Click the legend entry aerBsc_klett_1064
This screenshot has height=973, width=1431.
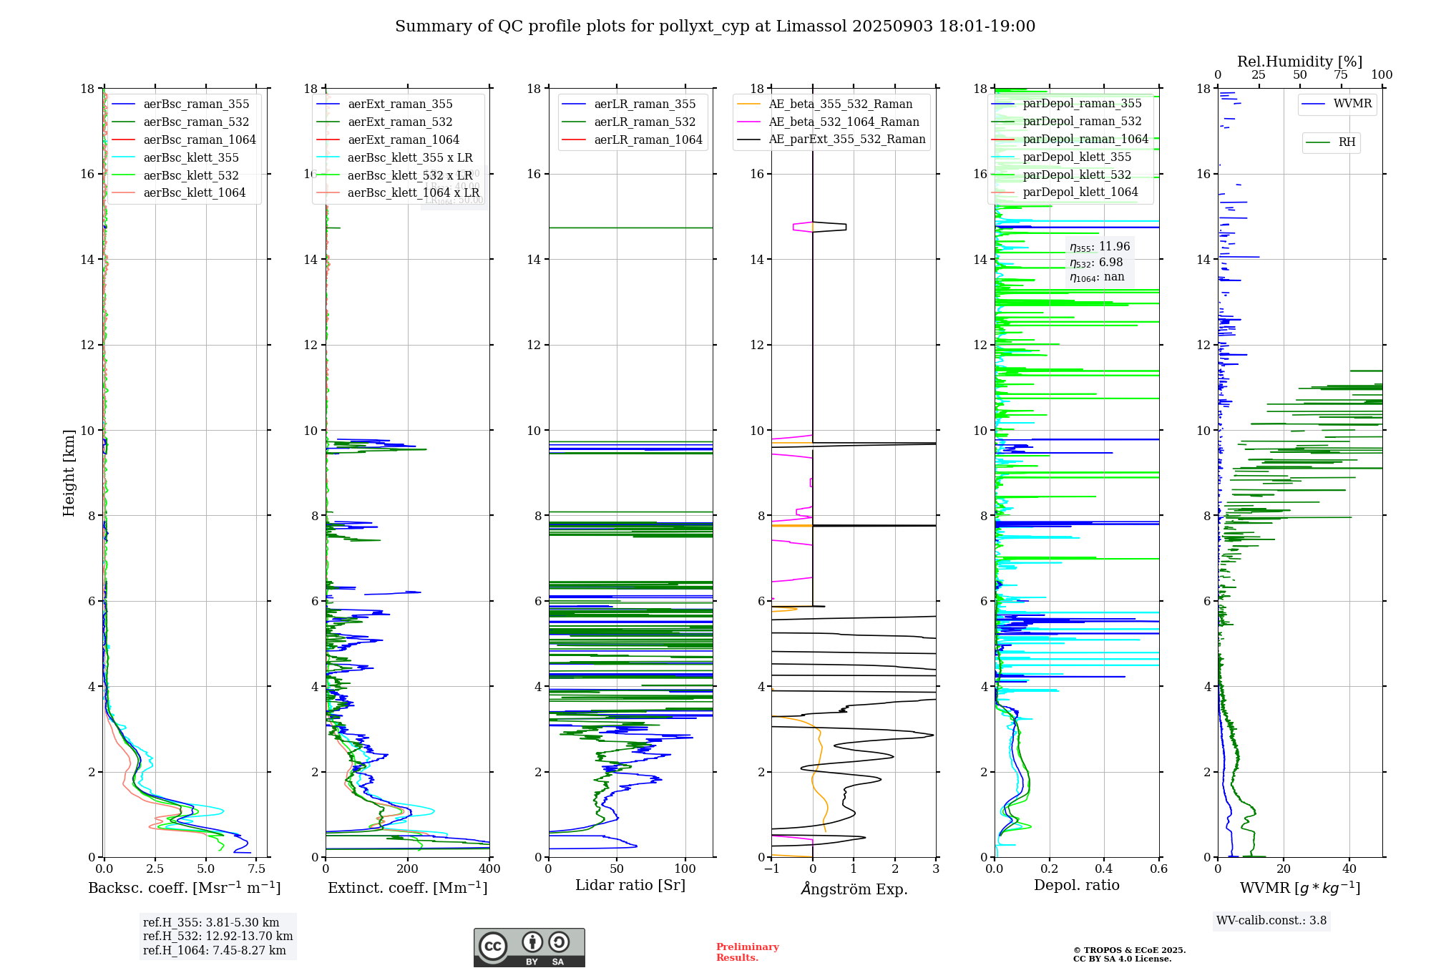[194, 193]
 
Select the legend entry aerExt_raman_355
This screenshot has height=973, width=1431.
[400, 104]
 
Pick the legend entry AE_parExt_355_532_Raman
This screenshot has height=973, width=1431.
[846, 140]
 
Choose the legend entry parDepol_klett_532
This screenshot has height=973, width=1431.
[1077, 175]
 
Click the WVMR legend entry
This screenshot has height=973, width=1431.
[1352, 104]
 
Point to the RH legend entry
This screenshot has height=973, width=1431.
[1347, 142]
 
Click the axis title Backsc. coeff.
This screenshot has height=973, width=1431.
[185, 889]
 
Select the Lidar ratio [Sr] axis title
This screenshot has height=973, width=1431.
[630, 886]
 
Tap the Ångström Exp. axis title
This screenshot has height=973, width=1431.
[854, 889]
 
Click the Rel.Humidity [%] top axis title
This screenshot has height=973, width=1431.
[1299, 62]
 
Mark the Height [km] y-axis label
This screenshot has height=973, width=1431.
[69, 473]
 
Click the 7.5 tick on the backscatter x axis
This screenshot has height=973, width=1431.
[257, 869]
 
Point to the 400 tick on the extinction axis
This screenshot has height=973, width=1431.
[489, 869]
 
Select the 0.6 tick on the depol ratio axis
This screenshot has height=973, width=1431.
[1158, 869]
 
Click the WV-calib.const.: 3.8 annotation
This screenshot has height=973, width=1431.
[1271, 921]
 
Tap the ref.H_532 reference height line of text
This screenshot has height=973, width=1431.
[218, 937]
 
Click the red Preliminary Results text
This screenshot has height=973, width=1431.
[747, 952]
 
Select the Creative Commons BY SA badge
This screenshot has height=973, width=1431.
[529, 948]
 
